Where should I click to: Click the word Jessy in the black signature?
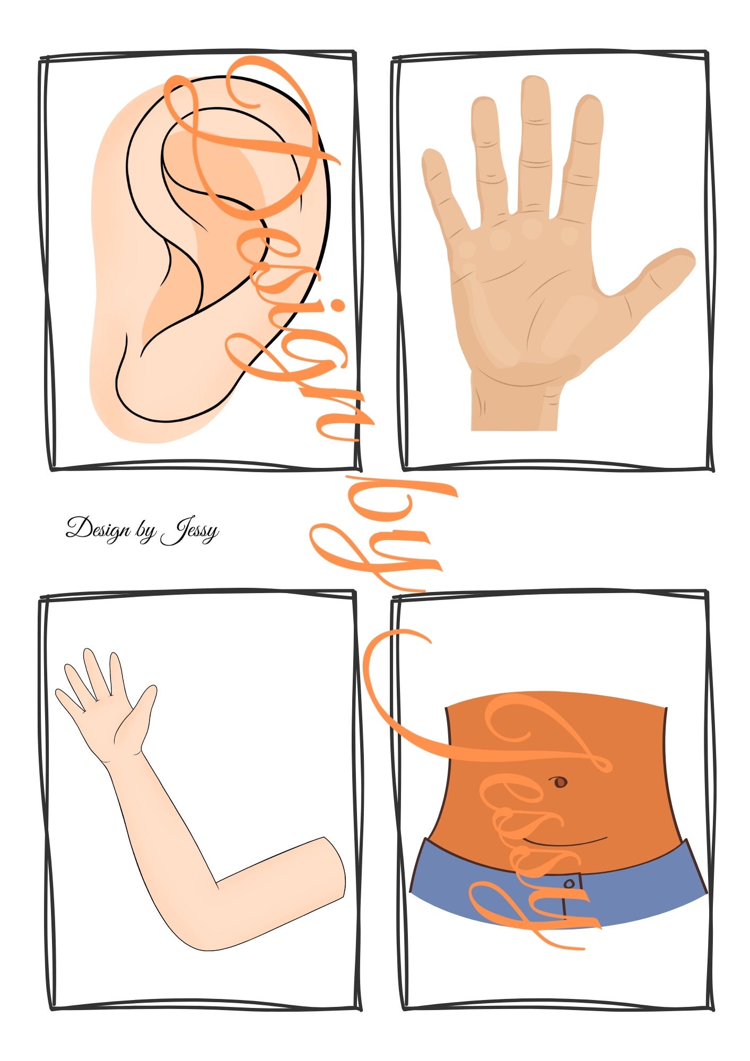pos(190,530)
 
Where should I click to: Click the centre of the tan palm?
pos(525,297)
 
